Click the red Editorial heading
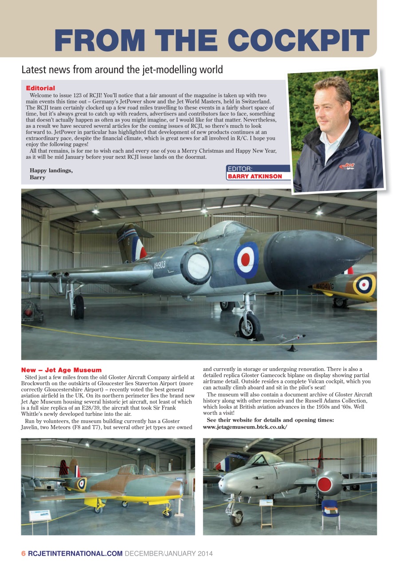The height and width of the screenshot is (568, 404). coord(40,88)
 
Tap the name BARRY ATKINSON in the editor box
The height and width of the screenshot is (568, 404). coord(255,176)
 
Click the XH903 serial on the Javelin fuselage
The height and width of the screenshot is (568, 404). coord(160,265)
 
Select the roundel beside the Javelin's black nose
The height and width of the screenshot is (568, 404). coord(247,260)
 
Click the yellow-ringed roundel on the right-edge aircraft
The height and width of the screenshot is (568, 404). coord(365,285)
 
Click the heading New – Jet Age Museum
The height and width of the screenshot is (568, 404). coord(61,370)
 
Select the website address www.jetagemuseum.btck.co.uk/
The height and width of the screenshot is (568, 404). coord(245,427)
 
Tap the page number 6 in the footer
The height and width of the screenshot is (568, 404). coord(24,553)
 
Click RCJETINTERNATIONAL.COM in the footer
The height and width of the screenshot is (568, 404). coord(75,553)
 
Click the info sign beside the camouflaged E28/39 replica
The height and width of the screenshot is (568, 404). coord(40,515)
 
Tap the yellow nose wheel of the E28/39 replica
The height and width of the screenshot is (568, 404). coord(167,513)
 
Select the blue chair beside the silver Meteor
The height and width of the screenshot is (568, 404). coord(331,508)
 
